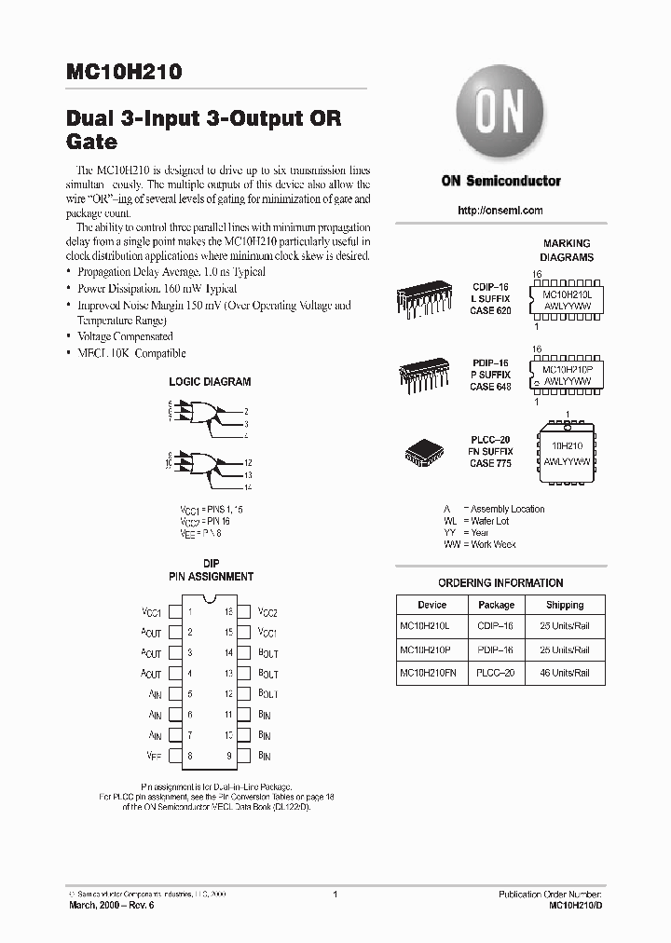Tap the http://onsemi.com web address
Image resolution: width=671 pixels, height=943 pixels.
tap(500, 211)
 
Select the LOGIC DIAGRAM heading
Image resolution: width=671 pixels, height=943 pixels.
tap(210, 382)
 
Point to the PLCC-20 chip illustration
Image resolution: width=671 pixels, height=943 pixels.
tap(427, 451)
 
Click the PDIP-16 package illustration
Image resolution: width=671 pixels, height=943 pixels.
tap(428, 375)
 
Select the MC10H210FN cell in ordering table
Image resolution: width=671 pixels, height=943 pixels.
tap(431, 673)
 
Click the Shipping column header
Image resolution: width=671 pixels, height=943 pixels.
tap(565, 605)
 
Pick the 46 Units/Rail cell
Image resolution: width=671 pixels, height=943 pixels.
tap(565, 673)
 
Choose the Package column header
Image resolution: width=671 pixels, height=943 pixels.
tap(496, 605)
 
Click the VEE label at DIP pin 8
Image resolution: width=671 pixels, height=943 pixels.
tap(154, 756)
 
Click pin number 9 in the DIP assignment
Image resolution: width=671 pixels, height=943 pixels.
tap(227, 756)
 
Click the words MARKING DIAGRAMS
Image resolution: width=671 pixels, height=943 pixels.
tap(567, 250)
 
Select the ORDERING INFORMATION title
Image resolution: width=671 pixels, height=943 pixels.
tap(500, 583)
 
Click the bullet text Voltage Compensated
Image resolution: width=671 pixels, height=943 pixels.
tap(124, 336)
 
